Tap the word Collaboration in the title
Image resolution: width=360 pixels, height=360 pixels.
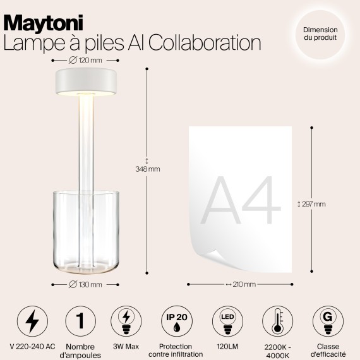[x=208, y=42]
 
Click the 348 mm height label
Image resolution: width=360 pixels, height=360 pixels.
[x=148, y=169]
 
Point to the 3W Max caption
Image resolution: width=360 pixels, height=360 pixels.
[x=126, y=346]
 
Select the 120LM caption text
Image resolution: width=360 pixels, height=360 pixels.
[x=226, y=346]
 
